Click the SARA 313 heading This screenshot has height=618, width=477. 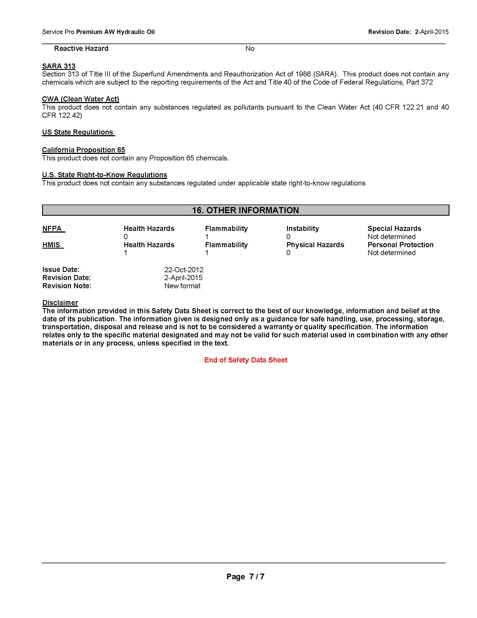(x=59, y=66)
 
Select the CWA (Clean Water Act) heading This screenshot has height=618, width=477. (x=81, y=99)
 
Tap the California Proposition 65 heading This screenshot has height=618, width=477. (x=83, y=150)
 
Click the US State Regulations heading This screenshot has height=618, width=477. (x=78, y=132)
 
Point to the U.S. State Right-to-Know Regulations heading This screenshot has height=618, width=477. (x=105, y=175)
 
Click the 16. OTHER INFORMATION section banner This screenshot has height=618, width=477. (x=245, y=210)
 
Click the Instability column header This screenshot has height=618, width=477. (x=303, y=229)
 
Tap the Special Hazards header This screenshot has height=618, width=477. (x=394, y=229)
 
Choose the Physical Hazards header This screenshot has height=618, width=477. (x=315, y=245)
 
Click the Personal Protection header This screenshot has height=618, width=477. (x=400, y=245)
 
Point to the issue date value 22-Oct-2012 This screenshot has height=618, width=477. (x=184, y=270)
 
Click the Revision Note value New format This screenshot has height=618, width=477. (x=182, y=286)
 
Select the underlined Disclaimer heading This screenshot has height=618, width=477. (x=60, y=303)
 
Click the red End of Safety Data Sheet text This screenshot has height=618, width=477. (x=246, y=360)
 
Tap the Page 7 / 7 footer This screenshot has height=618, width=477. (x=245, y=576)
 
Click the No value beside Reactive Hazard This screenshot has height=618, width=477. (x=250, y=49)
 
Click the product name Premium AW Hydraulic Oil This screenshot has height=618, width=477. (x=115, y=32)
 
